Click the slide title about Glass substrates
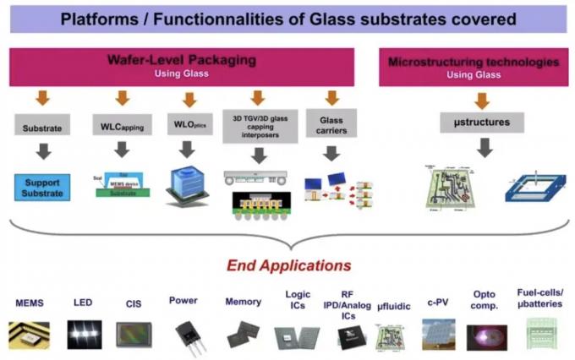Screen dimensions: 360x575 (x=288, y=19)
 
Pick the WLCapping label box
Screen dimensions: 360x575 (x=122, y=129)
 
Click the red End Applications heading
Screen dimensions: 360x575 (x=287, y=265)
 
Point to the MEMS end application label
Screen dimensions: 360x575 (x=30, y=302)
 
